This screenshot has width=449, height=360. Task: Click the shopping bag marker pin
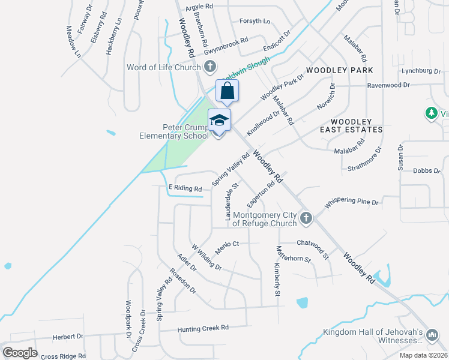pos(228,91)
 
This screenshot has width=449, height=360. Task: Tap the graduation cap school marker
pos(219,121)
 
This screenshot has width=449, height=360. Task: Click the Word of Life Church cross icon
pos(209,67)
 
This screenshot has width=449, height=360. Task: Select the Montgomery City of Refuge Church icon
pos(306,218)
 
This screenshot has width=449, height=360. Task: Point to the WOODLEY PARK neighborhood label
pos(340,70)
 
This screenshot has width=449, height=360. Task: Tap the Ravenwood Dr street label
pos(388,85)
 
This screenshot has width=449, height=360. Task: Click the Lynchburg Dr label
pos(421,71)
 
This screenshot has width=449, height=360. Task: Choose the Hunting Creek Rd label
pos(203,328)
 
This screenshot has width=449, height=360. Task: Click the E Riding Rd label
pos(185,188)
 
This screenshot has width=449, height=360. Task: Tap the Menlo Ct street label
pos(228,244)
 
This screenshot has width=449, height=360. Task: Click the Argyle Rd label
pos(200,7)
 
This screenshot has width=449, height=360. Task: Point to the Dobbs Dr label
pos(427,170)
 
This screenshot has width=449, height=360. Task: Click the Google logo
pos(20,352)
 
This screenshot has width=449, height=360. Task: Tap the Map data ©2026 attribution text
pos(423,355)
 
